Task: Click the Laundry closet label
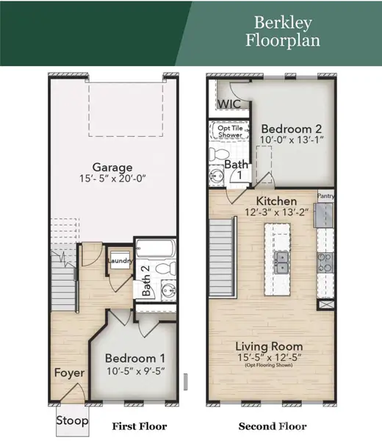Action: pyautogui.click(x=118, y=260)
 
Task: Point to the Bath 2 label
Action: pyautogui.click(x=145, y=281)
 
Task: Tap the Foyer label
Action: pyautogui.click(x=70, y=373)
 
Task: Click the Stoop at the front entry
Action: pyautogui.click(x=72, y=421)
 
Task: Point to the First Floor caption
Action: pyautogui.click(x=139, y=426)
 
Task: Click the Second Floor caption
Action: pyautogui.click(x=273, y=426)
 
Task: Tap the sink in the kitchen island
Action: pyautogui.click(x=281, y=262)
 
